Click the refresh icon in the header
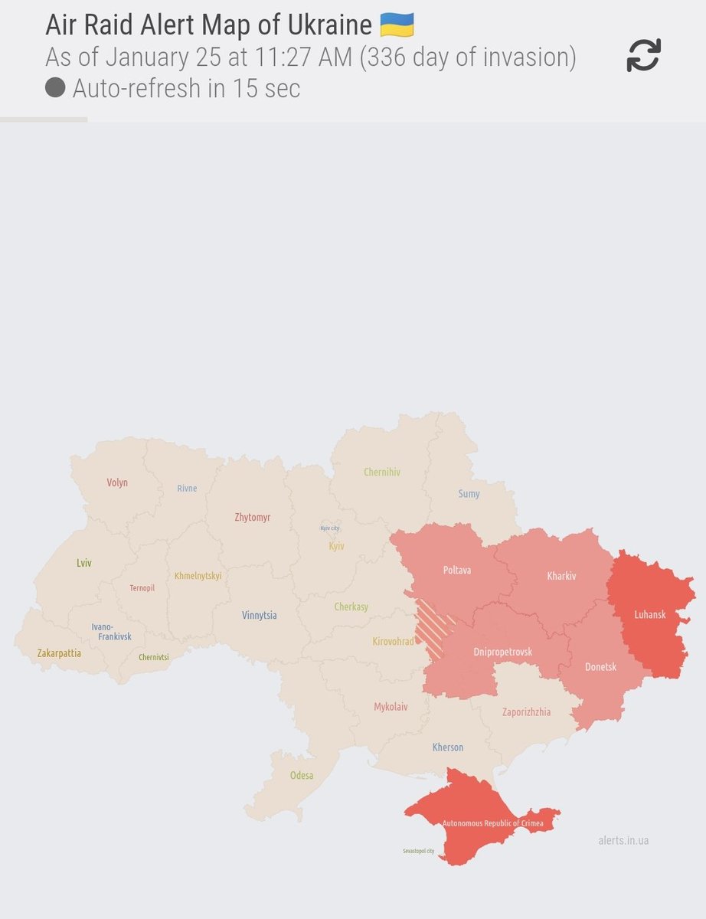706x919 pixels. [643, 56]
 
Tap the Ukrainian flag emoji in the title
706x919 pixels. [397, 25]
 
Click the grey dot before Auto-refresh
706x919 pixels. [54, 88]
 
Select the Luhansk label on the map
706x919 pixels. [650, 614]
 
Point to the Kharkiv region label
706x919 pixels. [561, 576]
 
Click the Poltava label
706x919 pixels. [457, 571]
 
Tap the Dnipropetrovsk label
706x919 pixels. [503, 652]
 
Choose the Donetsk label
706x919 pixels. [600, 667]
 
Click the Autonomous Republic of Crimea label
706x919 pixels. [492, 823]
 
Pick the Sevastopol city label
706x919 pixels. [418, 851]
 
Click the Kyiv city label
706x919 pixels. [329, 528]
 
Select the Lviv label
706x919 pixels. [84, 563]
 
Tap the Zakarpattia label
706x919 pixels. [59, 653]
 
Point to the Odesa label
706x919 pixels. [301, 775]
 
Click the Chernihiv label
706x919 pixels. [381, 473]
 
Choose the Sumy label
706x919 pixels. [469, 494]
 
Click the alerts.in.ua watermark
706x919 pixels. [623, 840]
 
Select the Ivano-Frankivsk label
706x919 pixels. [112, 631]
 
